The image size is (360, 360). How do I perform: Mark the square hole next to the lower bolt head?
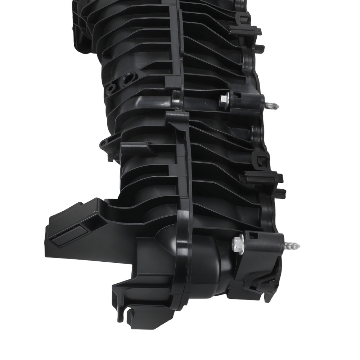(253, 236)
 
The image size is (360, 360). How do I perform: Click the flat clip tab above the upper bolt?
(245, 31)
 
